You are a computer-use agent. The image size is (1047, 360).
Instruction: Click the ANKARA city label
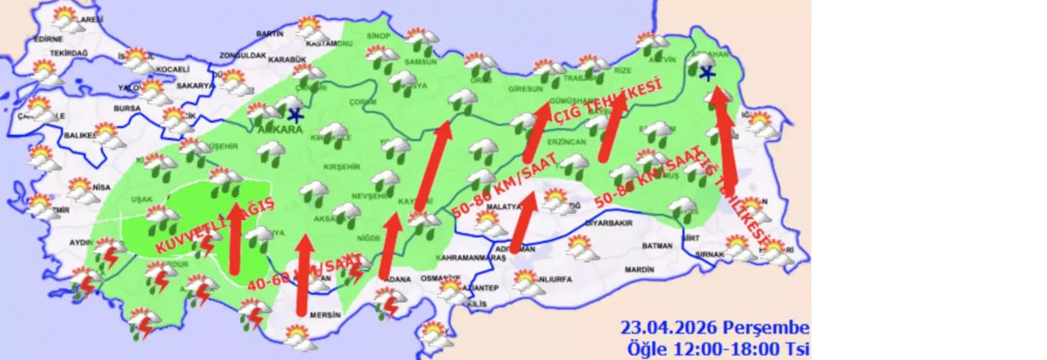[281, 129]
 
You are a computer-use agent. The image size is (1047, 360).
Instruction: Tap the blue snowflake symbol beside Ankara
[295, 115]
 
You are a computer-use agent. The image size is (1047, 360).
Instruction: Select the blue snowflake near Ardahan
[707, 74]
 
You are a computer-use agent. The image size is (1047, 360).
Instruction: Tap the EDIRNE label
[48, 38]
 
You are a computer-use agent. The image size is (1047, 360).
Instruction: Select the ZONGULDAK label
[243, 56]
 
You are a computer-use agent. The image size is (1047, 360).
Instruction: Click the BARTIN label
[269, 34]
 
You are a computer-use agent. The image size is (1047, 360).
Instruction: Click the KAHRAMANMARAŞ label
[473, 258]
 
